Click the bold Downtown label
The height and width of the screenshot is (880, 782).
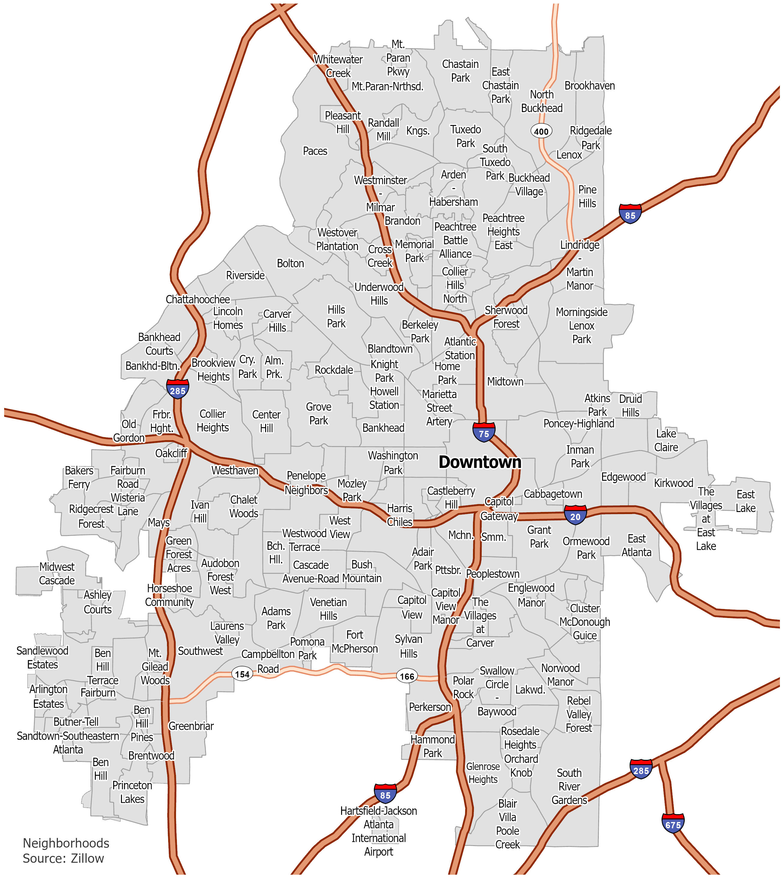pos(480,462)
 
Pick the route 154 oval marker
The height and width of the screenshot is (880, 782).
pos(242,674)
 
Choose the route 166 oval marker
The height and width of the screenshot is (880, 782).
pos(407,676)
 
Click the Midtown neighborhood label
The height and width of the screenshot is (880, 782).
pos(505,382)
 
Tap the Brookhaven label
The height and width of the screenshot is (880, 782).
pos(589,86)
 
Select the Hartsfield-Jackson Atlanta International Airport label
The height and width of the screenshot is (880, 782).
pos(378,831)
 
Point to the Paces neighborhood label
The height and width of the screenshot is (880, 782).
pos(315,151)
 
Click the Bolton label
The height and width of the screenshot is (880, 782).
pos(290,263)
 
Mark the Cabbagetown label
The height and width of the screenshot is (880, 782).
pos(553,494)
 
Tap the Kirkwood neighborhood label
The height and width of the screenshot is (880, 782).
pos(674,483)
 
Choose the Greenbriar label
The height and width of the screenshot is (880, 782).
pos(191,726)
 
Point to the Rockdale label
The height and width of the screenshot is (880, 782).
pos(334,370)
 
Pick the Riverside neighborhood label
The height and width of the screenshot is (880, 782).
pos(245,275)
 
